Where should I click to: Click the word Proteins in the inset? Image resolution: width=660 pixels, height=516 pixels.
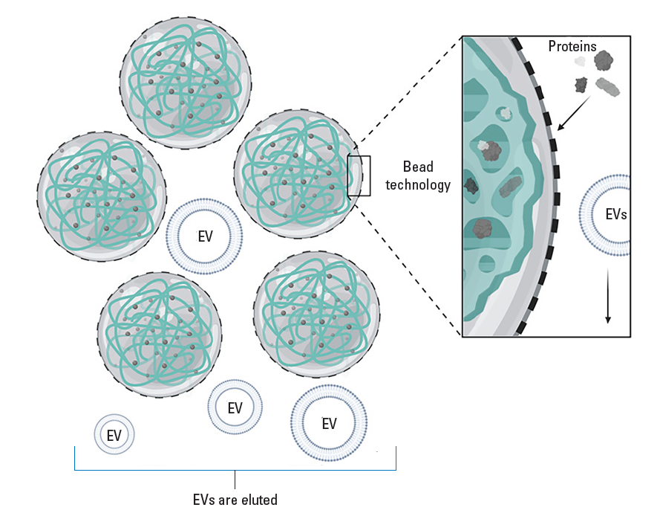[572, 47]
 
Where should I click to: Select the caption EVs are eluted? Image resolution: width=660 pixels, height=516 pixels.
[234, 500]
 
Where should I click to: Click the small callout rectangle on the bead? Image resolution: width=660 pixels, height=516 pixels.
[359, 175]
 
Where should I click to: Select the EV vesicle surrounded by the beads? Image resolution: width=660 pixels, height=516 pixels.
[205, 236]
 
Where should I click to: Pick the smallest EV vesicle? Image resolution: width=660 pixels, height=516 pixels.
[114, 435]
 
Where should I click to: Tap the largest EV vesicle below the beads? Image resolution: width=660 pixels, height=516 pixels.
[329, 423]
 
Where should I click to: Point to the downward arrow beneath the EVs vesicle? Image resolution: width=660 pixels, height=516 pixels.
[608, 297]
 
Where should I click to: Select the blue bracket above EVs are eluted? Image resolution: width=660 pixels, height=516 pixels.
[235, 468]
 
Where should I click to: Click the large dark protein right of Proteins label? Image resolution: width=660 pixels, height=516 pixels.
[604, 61]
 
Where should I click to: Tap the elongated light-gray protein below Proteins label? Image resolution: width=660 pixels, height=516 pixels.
[608, 88]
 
